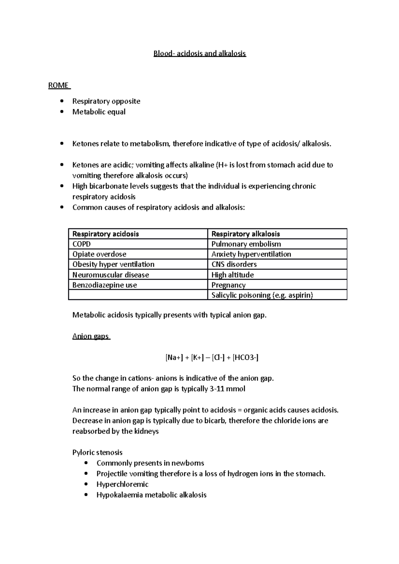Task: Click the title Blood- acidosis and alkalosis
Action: coord(199,53)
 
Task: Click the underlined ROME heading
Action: coord(59,85)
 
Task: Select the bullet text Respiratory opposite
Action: coord(106,101)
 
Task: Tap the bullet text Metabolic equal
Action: coord(99,112)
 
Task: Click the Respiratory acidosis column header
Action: coord(105,234)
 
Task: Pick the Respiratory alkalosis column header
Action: coord(246,234)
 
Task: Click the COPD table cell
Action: coord(81,244)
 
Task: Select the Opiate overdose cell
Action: coord(99,254)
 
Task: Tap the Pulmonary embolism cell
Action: coord(246,244)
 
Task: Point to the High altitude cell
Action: coord(232,275)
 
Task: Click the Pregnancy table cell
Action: coord(228,285)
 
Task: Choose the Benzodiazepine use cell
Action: coord(104,285)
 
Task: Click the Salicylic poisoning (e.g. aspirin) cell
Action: coord(262,295)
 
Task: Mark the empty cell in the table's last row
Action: coord(138,295)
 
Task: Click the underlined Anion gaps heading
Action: coord(90,336)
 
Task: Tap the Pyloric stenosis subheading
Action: coord(97,452)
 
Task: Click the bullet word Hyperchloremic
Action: coord(122,484)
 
